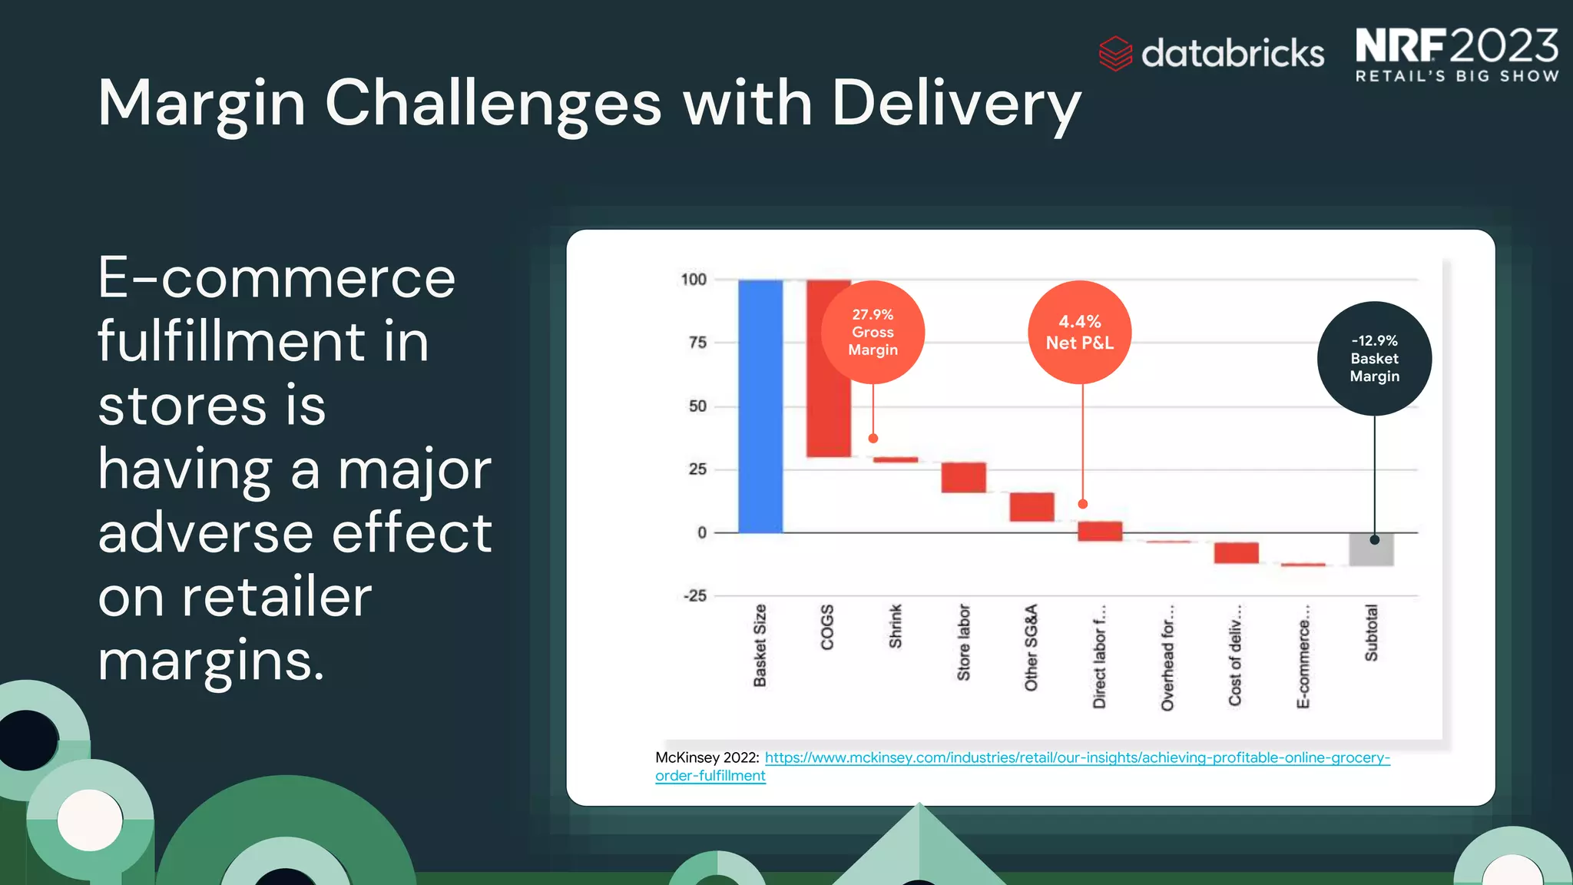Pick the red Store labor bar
[x=963, y=477]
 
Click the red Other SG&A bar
[x=1032, y=507]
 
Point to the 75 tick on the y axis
[x=697, y=343]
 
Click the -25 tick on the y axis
[x=695, y=595]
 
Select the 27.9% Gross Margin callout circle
[x=873, y=332]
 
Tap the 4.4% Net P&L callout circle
[x=1079, y=332]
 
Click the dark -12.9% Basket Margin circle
[x=1374, y=359]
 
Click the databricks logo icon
[x=1115, y=54]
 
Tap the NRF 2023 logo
[x=1456, y=54]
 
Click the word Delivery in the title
[x=956, y=104]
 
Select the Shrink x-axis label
[x=896, y=626]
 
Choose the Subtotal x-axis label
[x=1371, y=632]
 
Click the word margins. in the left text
[x=211, y=661]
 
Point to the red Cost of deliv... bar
[x=1236, y=552]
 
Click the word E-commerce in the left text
[x=277, y=278]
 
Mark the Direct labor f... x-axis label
[x=1099, y=656]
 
